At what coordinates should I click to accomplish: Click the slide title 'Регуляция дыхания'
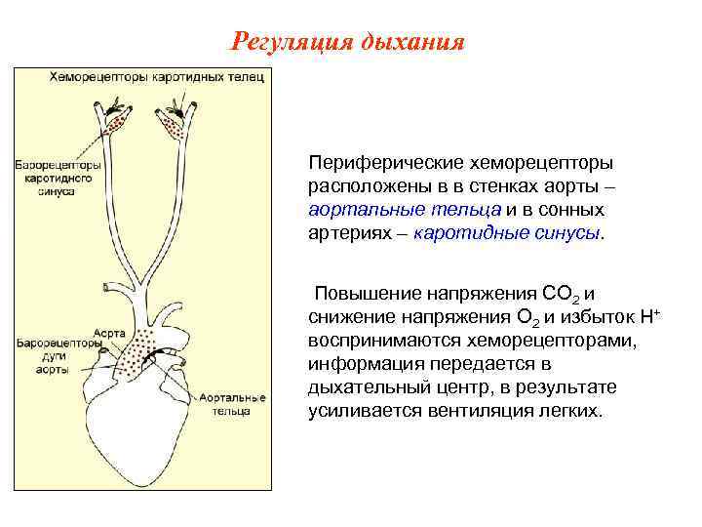(x=349, y=42)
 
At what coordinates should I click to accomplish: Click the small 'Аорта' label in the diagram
(x=109, y=333)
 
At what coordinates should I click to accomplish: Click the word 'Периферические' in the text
(x=372, y=162)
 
